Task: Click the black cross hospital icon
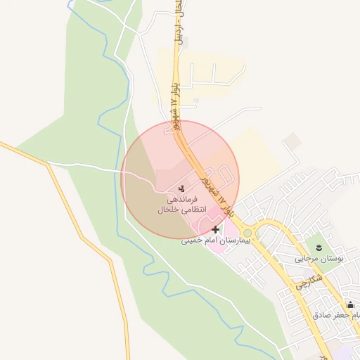[215, 229]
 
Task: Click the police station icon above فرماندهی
[181, 188]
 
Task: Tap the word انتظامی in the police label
[193, 210]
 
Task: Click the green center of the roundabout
[247, 233]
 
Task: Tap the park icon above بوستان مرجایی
[319, 247]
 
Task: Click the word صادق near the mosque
[323, 315]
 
